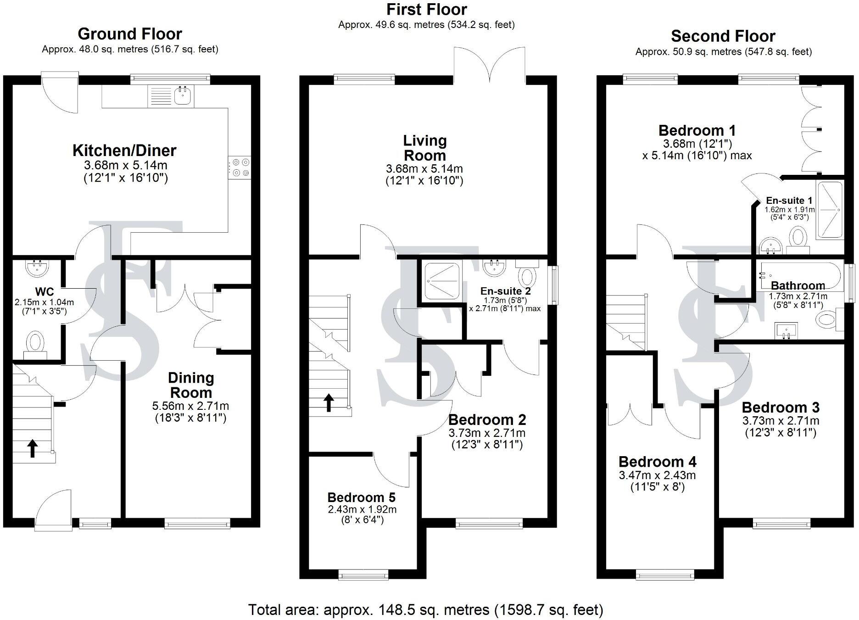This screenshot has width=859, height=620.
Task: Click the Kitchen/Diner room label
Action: click(124, 151)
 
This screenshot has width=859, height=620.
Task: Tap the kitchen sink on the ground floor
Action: click(184, 95)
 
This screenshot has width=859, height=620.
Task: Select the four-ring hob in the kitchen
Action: click(240, 167)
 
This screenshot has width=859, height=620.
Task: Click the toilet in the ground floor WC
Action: click(35, 344)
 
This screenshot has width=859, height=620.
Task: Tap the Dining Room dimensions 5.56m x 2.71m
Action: click(190, 406)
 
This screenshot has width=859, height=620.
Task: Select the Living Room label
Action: click(424, 148)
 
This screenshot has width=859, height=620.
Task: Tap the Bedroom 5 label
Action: click(361, 497)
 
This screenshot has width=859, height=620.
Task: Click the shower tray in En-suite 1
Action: click(829, 210)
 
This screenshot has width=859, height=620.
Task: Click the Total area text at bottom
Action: click(425, 610)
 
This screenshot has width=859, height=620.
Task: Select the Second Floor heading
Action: click(723, 36)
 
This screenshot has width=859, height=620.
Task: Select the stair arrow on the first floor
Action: click(329, 402)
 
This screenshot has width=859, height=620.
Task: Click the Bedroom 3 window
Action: click(781, 523)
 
